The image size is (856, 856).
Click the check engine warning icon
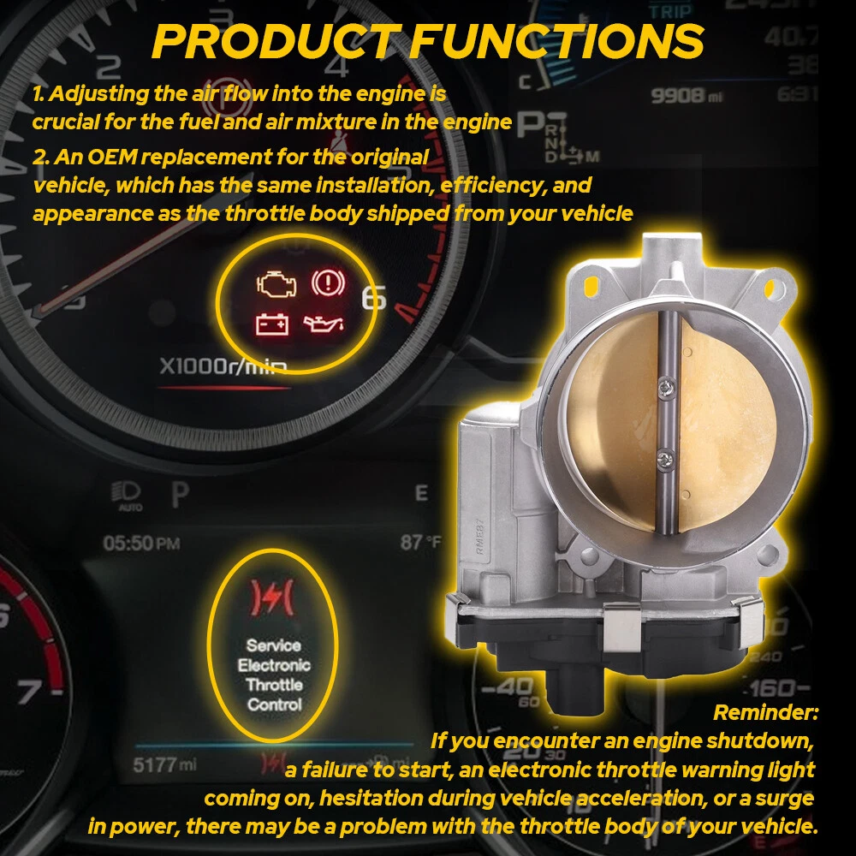[276, 284]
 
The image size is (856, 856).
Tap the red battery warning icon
[272, 324]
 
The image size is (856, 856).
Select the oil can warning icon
[324, 324]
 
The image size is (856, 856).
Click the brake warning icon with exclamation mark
[328, 282]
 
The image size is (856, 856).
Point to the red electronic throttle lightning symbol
[271, 597]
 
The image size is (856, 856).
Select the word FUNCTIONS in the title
[557, 41]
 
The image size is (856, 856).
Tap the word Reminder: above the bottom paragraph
[766, 712]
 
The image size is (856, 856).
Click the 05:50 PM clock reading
[141, 544]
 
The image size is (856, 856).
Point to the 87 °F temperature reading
[420, 542]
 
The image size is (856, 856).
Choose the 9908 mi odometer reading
[687, 96]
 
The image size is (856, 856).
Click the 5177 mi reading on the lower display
[164, 764]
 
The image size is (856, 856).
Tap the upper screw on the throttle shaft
[666, 388]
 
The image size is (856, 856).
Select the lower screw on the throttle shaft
[665, 460]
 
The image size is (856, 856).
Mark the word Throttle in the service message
[274, 685]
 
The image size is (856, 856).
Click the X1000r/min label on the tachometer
[223, 366]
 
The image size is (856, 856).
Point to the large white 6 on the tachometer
[374, 298]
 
